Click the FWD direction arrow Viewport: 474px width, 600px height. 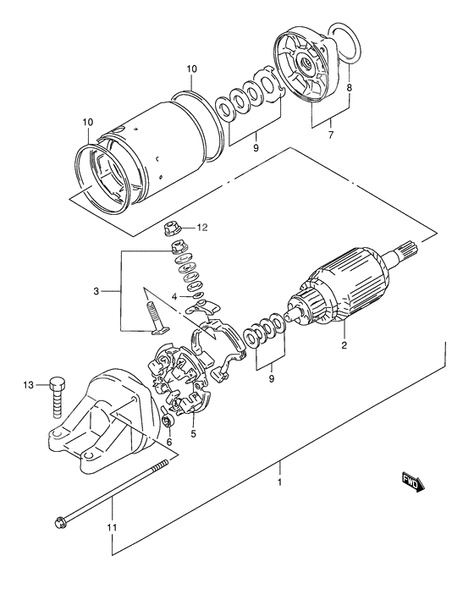[413, 482]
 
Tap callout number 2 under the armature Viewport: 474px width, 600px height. [344, 345]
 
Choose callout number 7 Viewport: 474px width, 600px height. [330, 135]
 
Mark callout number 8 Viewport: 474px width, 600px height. [350, 87]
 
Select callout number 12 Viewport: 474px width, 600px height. [201, 228]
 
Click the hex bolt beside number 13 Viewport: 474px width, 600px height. [58, 394]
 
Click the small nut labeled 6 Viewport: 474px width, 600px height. [167, 421]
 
